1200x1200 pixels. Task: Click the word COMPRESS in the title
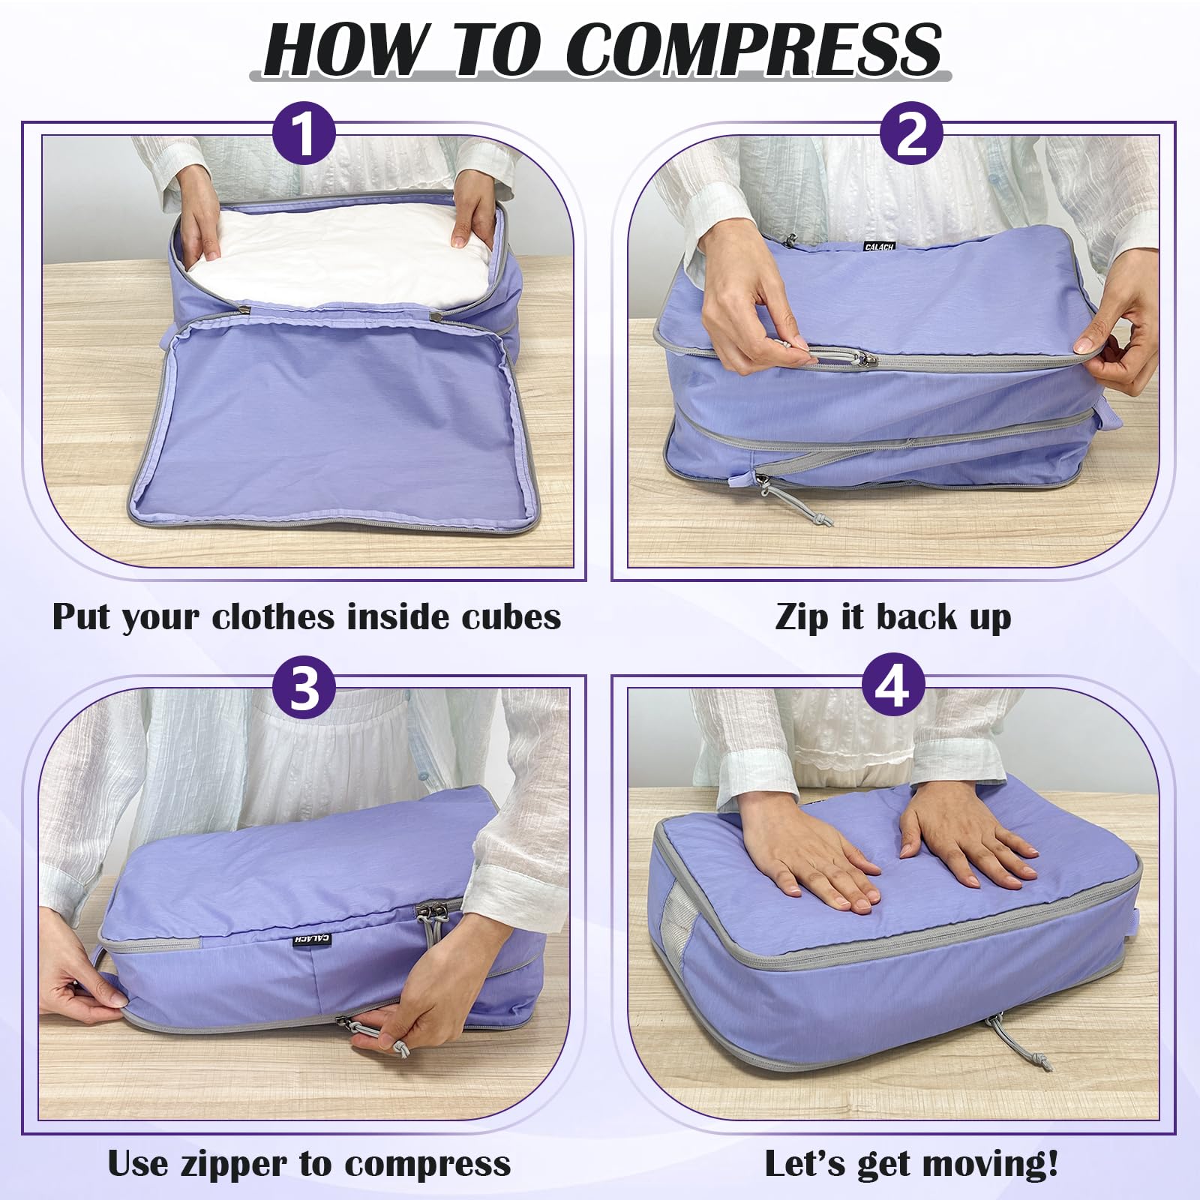click(x=752, y=49)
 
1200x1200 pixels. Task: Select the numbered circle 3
click(x=304, y=687)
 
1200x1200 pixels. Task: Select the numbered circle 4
click(x=892, y=687)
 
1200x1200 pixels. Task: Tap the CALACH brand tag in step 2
click(x=879, y=247)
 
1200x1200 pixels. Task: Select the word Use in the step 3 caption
click(x=139, y=1164)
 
